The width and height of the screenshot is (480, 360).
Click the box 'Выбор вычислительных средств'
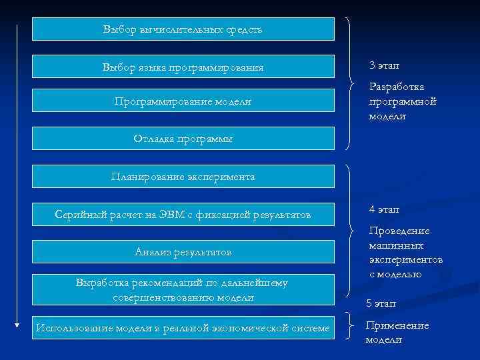[183, 29]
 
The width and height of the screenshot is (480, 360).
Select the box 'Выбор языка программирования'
[183, 67]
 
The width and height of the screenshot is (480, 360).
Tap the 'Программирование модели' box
[183, 101]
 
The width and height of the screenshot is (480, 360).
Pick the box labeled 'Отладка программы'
[183, 138]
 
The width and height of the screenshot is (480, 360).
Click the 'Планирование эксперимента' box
[183, 177]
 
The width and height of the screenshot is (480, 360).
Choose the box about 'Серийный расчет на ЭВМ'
[183, 214]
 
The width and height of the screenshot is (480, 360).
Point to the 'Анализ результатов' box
[183, 252]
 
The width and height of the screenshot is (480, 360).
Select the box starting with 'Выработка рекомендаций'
[183, 289]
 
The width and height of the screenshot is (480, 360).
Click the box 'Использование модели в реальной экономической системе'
[183, 327]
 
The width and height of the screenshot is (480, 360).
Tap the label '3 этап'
[385, 66]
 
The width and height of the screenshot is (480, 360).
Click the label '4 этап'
[385, 209]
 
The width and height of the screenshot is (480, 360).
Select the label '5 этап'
[381, 303]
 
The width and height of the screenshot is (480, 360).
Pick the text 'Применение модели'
[397, 332]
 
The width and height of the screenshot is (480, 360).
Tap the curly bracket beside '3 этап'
[351, 83]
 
